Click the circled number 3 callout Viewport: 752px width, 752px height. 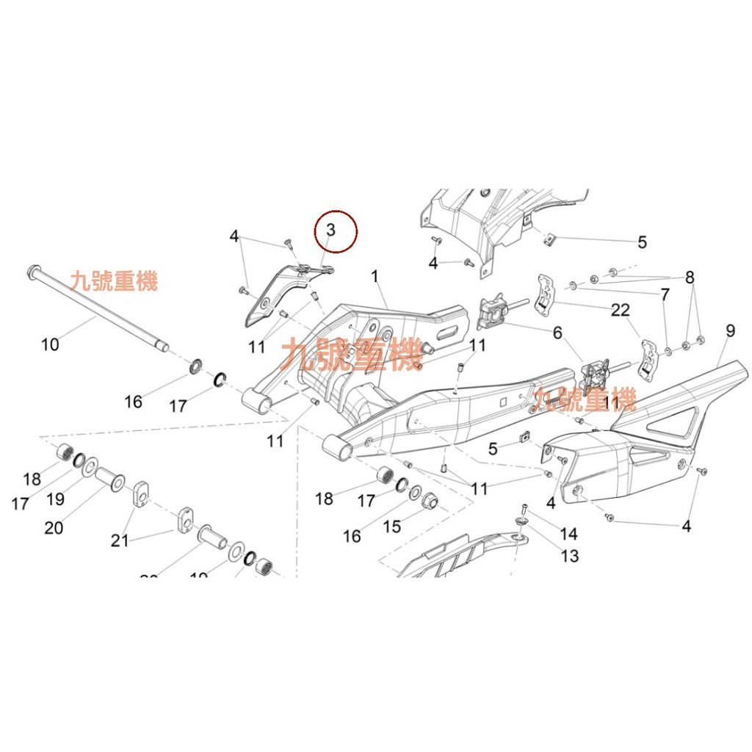[x=330, y=229]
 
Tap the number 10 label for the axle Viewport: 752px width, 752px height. [x=50, y=343]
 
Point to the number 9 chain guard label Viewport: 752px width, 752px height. [x=729, y=331]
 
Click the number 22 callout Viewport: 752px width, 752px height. [x=621, y=310]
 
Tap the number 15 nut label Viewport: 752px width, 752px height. [x=689, y=278]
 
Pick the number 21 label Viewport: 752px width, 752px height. [x=120, y=540]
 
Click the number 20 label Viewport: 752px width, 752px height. [x=54, y=527]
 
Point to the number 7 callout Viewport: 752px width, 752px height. [x=665, y=295]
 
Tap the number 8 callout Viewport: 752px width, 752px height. [x=689, y=278]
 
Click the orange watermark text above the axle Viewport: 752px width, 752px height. [x=114, y=281]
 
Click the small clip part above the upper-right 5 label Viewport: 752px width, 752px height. [x=547, y=236]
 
